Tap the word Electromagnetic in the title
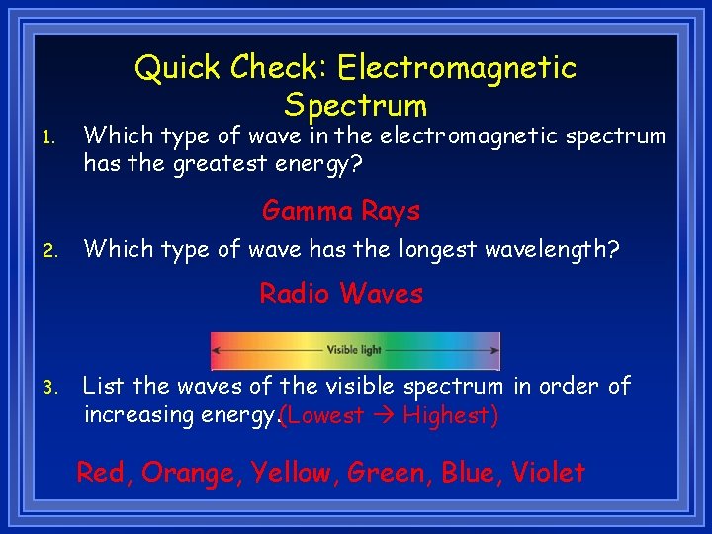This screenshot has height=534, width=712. click(456, 68)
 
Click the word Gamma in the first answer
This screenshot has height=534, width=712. click(308, 211)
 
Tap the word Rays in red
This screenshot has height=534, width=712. click(391, 211)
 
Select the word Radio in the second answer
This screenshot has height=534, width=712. click(296, 294)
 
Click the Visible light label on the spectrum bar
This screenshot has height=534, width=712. click(354, 350)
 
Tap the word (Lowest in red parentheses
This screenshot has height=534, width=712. click(321, 415)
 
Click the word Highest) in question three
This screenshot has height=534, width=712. click(451, 415)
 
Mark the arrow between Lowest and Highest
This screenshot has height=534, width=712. click(384, 415)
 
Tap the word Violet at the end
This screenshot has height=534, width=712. click(548, 473)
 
